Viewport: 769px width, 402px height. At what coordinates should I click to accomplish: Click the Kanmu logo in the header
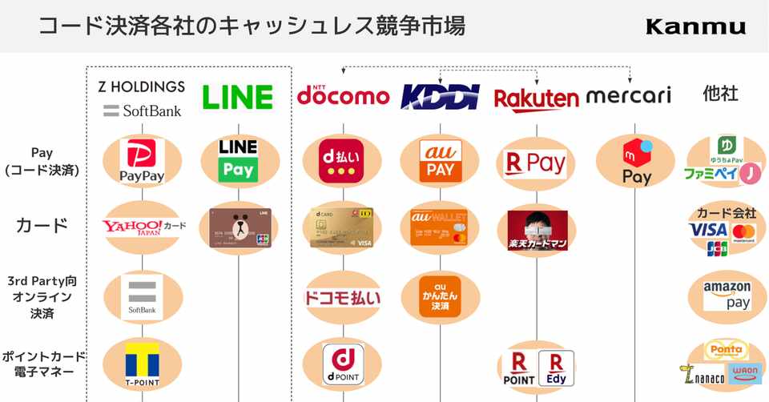(695, 26)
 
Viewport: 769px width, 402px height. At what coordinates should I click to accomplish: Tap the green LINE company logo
(237, 97)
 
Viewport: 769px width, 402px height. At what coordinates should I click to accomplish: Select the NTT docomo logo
(343, 95)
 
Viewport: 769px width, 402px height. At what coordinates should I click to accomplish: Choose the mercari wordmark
(628, 97)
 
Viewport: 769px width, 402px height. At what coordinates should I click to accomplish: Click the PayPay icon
(142, 160)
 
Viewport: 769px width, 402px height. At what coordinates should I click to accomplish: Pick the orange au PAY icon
(440, 160)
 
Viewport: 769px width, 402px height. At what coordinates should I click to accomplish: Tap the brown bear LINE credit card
(240, 227)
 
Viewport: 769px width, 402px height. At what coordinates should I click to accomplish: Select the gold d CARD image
(342, 227)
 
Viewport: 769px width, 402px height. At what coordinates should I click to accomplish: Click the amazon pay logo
(727, 295)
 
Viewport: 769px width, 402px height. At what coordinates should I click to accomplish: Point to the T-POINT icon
(143, 364)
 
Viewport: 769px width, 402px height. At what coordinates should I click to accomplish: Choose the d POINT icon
(343, 364)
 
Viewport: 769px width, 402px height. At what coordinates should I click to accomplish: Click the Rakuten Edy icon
(556, 368)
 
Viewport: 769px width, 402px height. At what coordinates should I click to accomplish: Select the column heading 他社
(720, 93)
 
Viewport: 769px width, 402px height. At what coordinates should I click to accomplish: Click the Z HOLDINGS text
(141, 86)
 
